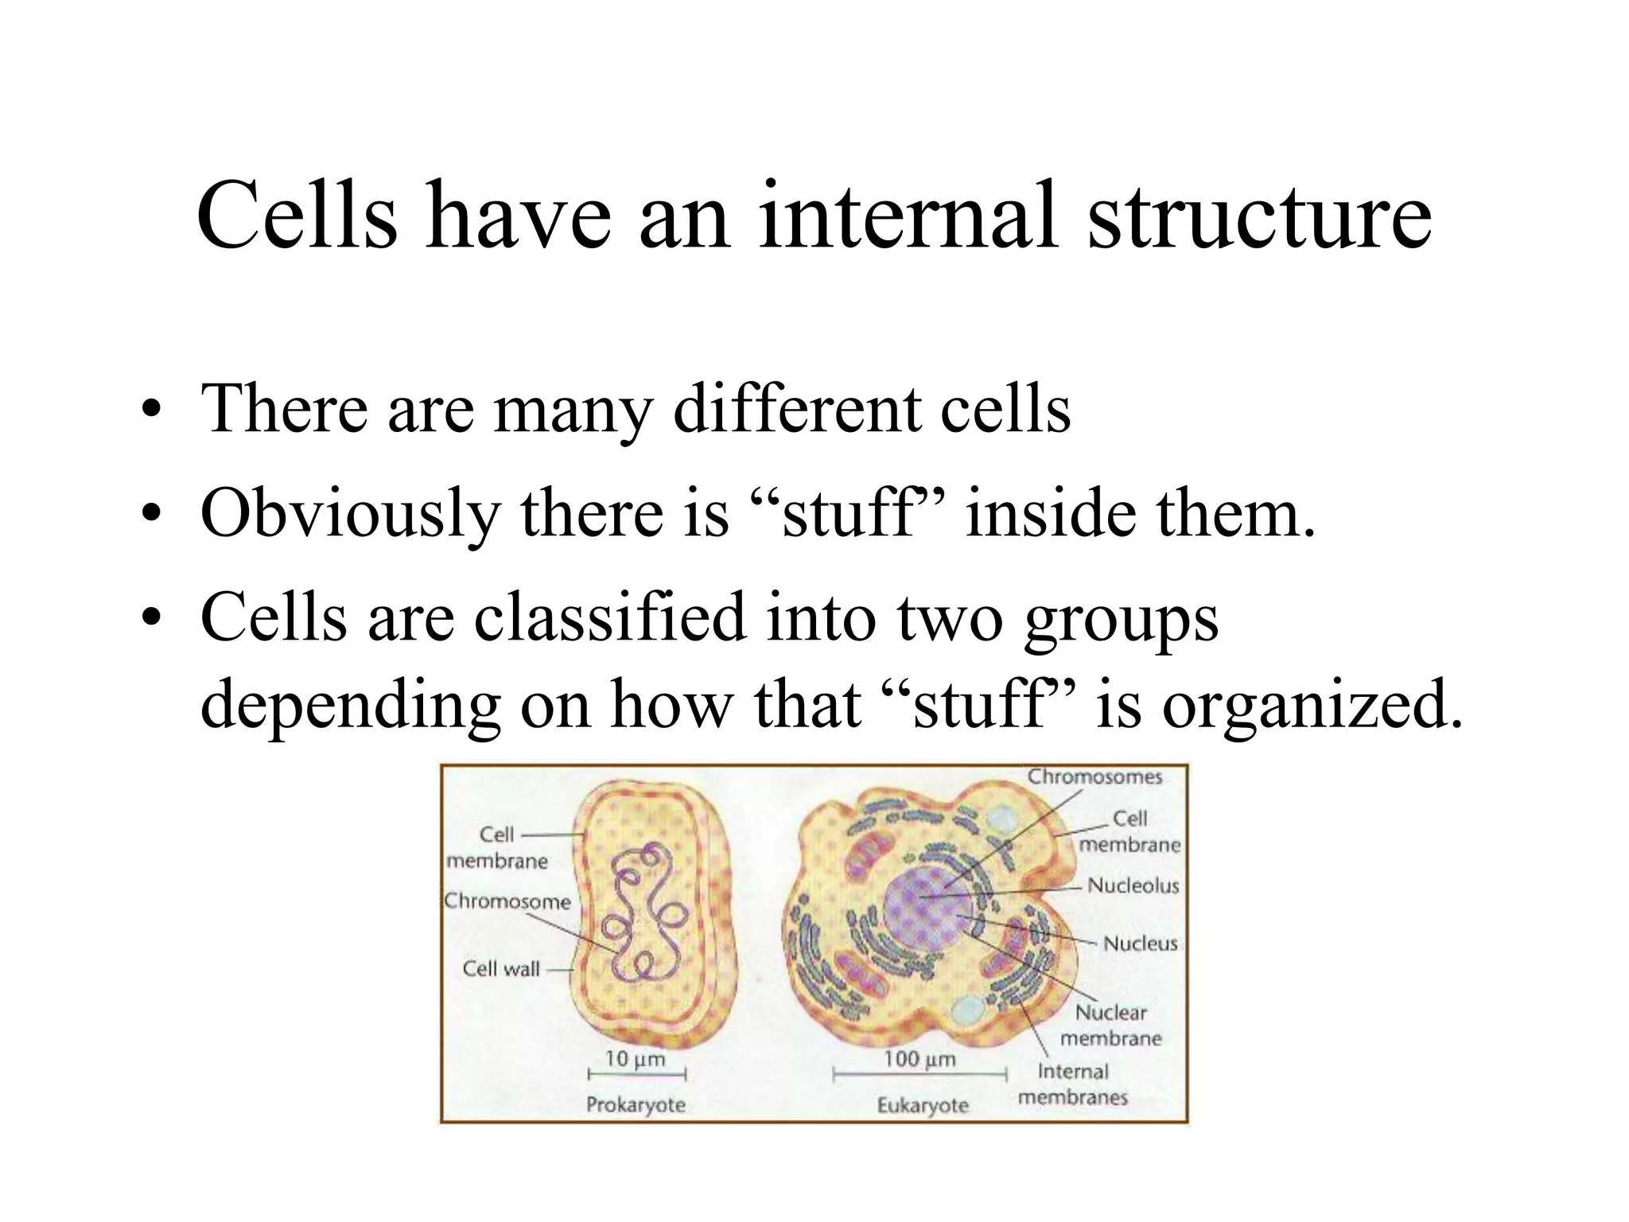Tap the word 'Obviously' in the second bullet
350,513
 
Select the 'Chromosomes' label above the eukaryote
1094,777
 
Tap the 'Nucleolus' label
1133,885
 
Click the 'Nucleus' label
1140,944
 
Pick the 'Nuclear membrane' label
1111,1025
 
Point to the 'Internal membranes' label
1073,1084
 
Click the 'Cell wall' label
501,969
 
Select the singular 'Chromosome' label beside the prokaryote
507,901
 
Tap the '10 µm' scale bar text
635,1059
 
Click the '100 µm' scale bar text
919,1060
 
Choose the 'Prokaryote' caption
636,1105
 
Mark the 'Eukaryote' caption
923,1106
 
